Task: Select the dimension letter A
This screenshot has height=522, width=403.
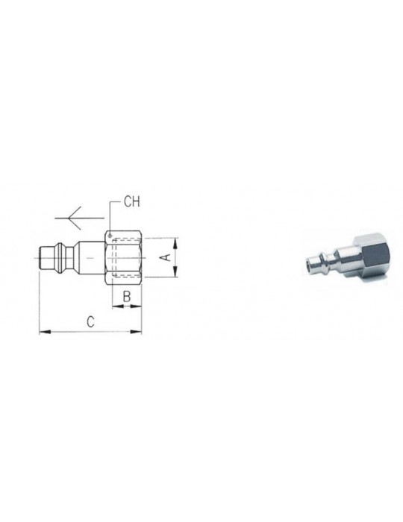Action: pos(168,257)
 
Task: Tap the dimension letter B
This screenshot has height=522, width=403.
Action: pos(127,296)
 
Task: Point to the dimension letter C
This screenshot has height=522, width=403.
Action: pos(90,321)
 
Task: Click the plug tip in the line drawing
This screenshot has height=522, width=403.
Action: pos(42,257)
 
